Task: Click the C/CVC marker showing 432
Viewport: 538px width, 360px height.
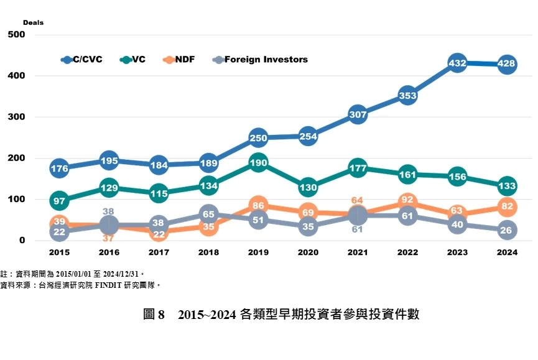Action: (457, 63)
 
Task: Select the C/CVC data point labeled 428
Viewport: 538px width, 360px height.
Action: (507, 64)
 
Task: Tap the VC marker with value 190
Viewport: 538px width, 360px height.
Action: (258, 162)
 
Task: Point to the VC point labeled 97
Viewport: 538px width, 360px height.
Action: (59, 200)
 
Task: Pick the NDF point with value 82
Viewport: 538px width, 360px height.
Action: (507, 206)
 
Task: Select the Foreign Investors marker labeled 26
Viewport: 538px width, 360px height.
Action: (507, 230)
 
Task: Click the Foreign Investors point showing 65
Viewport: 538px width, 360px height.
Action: (208, 214)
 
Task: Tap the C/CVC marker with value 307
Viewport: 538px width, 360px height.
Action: (358, 114)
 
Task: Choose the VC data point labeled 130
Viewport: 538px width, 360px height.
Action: (308, 187)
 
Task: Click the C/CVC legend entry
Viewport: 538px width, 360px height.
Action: (81, 60)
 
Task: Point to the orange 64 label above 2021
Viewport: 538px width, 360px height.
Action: (357, 200)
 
